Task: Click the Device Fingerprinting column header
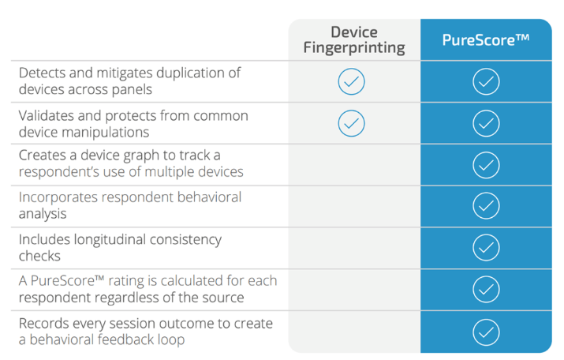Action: tap(354, 40)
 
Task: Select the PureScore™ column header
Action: tap(486, 39)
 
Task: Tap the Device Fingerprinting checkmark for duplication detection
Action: tap(352, 81)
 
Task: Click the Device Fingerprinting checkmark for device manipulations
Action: tap(352, 123)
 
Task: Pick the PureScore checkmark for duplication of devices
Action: tap(486, 81)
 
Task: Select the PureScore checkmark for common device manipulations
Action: tap(486, 123)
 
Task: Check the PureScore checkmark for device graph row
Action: tap(486, 165)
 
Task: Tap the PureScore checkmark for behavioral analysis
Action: tap(486, 205)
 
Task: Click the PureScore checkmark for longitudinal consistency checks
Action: tap(486, 247)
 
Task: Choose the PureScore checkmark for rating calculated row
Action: tap(486, 289)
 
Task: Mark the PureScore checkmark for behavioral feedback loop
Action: tap(486, 332)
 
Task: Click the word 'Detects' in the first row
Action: tap(42, 73)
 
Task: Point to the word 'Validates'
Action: tap(47, 115)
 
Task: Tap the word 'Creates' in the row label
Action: tap(41, 156)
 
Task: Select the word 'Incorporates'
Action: tap(58, 197)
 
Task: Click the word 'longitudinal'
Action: tap(110, 240)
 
